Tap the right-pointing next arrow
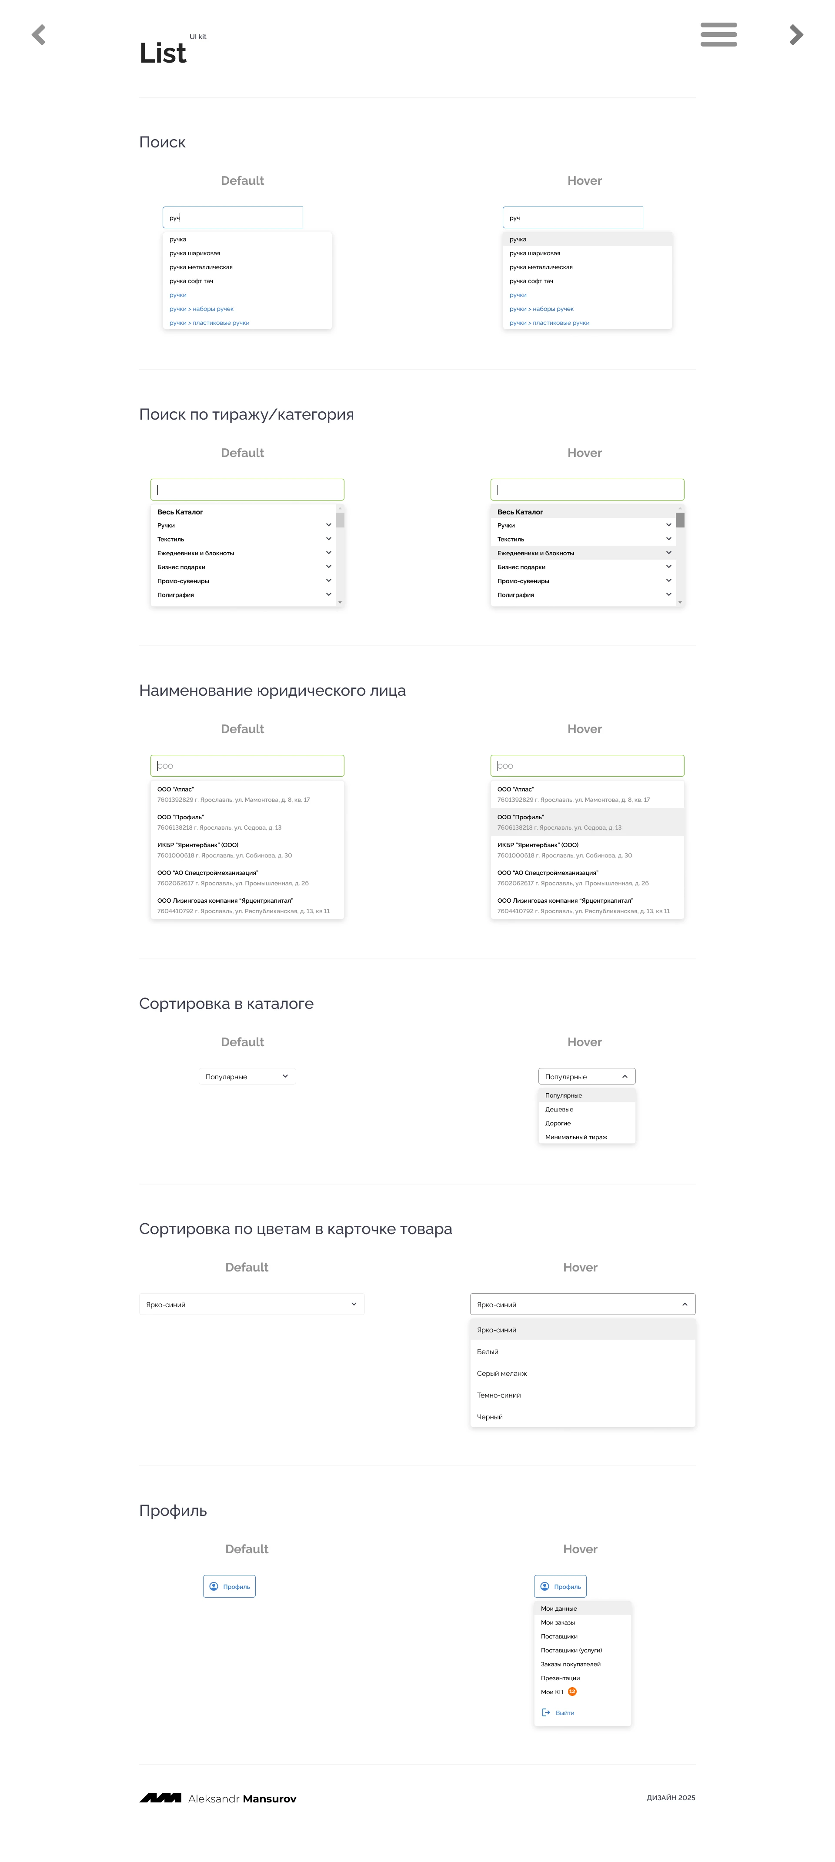(x=796, y=35)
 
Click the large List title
(x=163, y=53)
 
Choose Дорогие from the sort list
(x=558, y=1123)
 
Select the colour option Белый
(x=487, y=1351)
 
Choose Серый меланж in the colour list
(x=502, y=1373)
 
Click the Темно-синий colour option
(x=499, y=1395)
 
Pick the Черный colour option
(x=489, y=1417)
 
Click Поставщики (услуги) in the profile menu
(x=571, y=1650)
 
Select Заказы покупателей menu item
(x=571, y=1664)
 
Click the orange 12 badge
(x=572, y=1692)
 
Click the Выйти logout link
(x=564, y=1712)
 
